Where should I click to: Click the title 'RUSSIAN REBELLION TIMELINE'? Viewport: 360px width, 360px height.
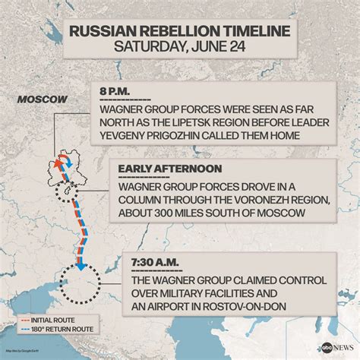pyautogui.click(x=179, y=31)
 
